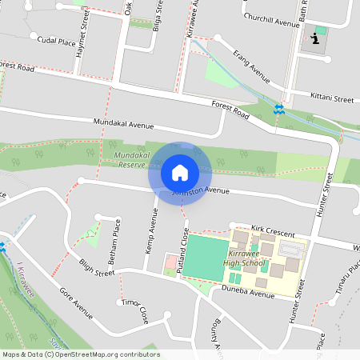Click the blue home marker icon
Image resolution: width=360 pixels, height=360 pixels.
coord(180,172)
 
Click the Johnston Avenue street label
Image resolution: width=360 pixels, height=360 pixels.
coord(202,191)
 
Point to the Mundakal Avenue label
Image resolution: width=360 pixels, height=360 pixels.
coord(122,125)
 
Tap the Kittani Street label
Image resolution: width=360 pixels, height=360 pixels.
coord(332,99)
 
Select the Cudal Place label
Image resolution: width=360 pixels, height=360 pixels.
coord(56,39)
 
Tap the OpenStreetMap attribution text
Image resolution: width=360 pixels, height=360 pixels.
coord(80,354)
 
